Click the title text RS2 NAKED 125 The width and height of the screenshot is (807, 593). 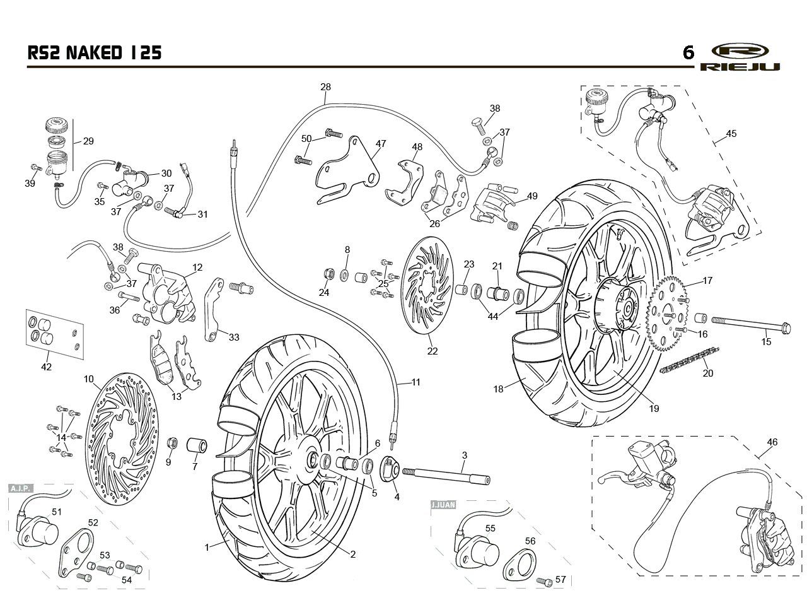95,52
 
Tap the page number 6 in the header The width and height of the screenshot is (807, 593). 688,53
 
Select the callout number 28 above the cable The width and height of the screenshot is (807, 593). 325,87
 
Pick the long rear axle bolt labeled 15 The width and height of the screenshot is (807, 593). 751,324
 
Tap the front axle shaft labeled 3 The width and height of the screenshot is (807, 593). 446,476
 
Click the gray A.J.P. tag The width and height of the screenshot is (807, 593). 21,488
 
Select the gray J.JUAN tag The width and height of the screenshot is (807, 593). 443,505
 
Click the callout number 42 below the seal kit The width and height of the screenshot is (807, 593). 47,367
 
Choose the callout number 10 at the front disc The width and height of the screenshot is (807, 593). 89,379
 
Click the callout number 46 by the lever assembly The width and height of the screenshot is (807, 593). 772,442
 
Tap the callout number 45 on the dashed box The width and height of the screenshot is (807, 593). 731,133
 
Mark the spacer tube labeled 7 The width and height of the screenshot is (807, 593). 197,445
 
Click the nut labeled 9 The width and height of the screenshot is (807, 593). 173,443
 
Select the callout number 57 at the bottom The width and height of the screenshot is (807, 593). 560,579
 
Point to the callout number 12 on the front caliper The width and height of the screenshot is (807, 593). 197,267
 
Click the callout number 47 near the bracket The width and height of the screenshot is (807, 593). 381,143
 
